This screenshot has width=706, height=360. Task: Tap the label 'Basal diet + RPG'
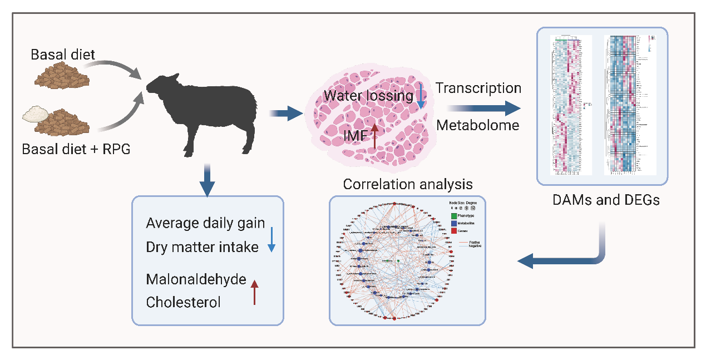[x=76, y=149]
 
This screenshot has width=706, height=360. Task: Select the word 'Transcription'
[x=478, y=88]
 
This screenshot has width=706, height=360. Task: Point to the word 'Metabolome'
[x=477, y=125]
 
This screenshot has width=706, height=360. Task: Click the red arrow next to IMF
[x=374, y=135]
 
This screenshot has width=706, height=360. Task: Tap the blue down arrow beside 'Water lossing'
[x=421, y=95]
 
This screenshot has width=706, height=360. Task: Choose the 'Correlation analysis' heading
[x=407, y=184]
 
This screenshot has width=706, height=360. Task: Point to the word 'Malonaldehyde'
[x=196, y=279]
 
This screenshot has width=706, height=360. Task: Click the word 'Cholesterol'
[x=183, y=302]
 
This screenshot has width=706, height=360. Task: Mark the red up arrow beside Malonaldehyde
[x=254, y=292]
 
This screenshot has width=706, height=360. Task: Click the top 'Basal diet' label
[x=63, y=55]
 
